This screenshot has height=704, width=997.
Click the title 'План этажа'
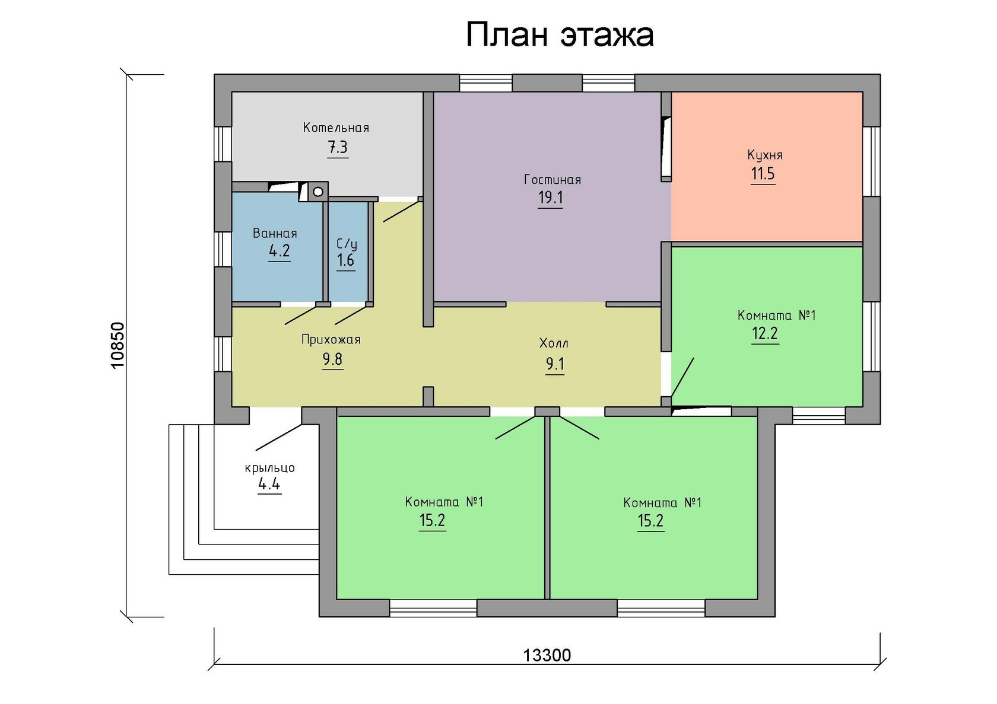pos(559,35)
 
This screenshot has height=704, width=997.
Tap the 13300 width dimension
pos(547,655)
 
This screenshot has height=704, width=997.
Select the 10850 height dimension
pos(118,345)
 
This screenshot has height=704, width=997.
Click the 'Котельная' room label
pos(336,128)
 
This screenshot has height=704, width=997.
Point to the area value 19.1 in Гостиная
pos(550,197)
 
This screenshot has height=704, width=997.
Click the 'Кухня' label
pos(764,155)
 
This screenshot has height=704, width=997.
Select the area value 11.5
pos(763,174)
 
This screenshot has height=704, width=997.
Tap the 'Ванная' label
pos(275,233)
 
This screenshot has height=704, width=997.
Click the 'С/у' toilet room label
pos(347,244)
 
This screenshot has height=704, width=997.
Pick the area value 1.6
pos(345,260)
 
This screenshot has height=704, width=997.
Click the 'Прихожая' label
pos(331,340)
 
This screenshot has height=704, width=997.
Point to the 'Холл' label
pos(553,343)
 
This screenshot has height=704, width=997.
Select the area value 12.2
pos(764,333)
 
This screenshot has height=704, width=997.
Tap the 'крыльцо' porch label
pos(269,468)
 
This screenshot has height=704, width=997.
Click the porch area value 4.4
pos(269,484)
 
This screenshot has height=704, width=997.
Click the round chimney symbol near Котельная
pos(318,192)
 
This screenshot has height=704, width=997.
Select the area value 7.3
pos(338,147)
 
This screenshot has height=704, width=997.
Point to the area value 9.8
pos(332,359)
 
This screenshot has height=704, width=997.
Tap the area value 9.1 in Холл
pos(555,364)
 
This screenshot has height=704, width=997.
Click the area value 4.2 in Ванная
pos(280,251)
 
